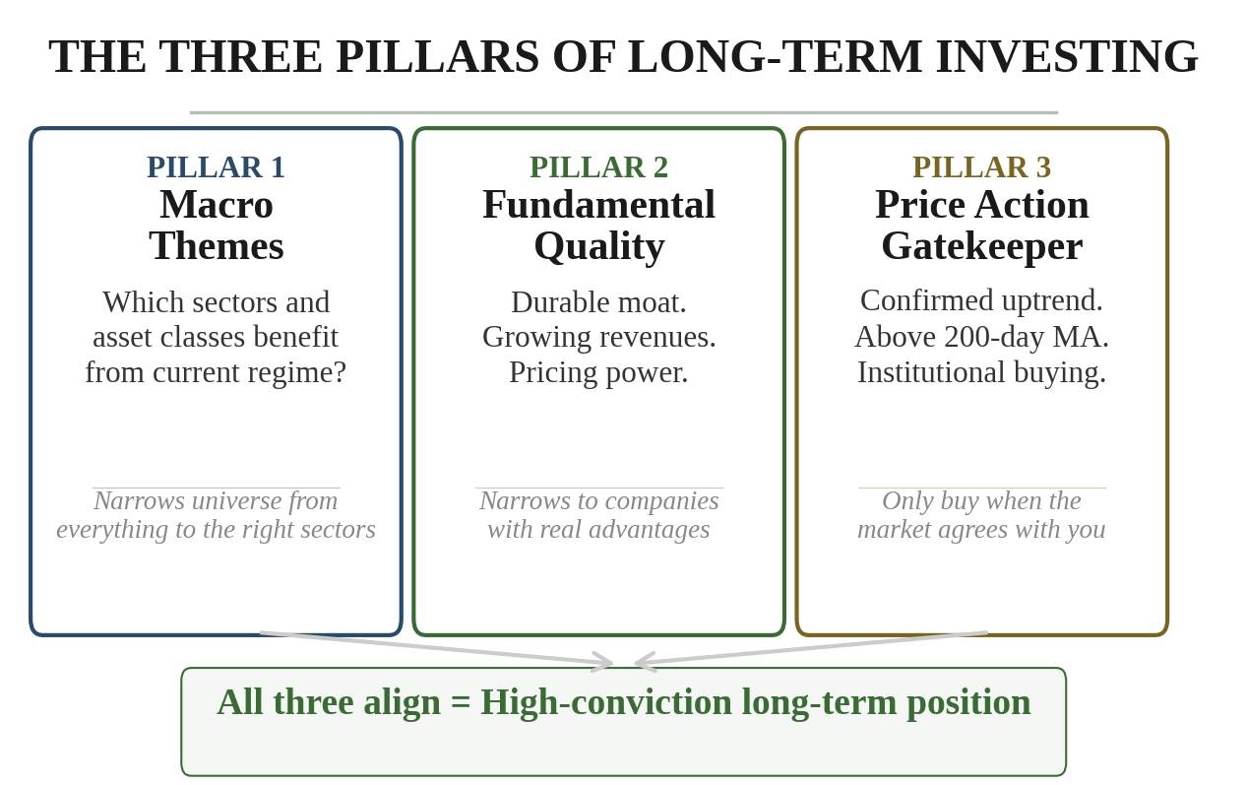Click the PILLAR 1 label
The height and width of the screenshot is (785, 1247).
[216, 166]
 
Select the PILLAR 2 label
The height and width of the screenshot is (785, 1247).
[598, 166]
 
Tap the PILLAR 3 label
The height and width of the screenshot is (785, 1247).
[981, 166]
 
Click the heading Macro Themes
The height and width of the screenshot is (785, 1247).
[216, 225]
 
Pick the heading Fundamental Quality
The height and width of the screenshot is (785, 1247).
[598, 225]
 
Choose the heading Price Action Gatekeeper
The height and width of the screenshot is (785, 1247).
[981, 225]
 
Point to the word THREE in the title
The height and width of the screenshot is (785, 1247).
[240, 56]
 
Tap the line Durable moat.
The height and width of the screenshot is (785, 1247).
[598, 301]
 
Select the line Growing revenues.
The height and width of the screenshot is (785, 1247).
[598, 337]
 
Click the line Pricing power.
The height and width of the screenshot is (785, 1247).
[598, 372]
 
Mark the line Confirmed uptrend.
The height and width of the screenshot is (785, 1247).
[981, 300]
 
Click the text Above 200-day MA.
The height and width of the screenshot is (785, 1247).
[981, 337]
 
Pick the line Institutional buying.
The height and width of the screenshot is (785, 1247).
[981, 372]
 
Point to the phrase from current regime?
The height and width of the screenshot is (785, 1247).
[216, 372]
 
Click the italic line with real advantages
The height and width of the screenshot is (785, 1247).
[598, 529]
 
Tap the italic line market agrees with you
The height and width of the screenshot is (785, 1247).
[981, 529]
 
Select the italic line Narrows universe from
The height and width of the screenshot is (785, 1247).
[216, 500]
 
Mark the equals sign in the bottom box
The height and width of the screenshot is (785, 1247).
[461, 703]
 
